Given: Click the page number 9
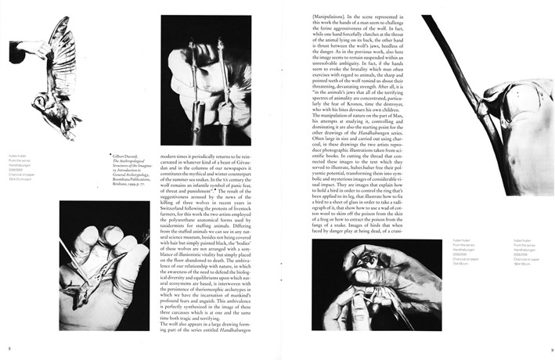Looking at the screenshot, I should (x=551, y=349).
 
